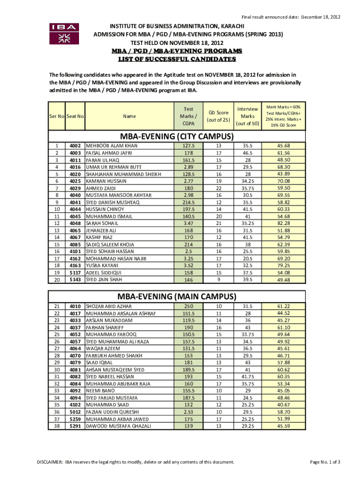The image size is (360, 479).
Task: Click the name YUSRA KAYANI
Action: coord(102,265)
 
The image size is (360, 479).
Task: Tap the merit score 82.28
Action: coord(283,224)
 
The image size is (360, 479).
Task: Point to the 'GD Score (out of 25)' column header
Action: coord(218,116)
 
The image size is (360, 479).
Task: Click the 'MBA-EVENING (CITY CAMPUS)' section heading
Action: coord(177,137)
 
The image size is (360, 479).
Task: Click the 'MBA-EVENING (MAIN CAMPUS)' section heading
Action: coord(177,296)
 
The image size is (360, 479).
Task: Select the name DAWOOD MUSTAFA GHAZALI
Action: coord(118,426)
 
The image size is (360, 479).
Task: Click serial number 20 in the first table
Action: coord(57,280)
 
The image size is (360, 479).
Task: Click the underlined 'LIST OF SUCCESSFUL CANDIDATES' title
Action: coord(177,59)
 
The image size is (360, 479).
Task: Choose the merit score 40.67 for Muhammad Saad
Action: coord(283,405)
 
